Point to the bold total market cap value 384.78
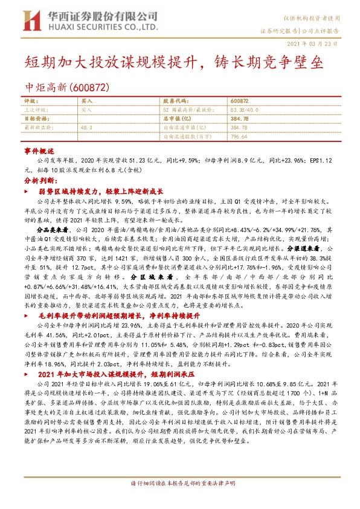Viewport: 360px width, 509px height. coord(240,119)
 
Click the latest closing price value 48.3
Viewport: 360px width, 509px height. coord(86,128)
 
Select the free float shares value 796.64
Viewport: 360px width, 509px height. coord(239,137)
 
